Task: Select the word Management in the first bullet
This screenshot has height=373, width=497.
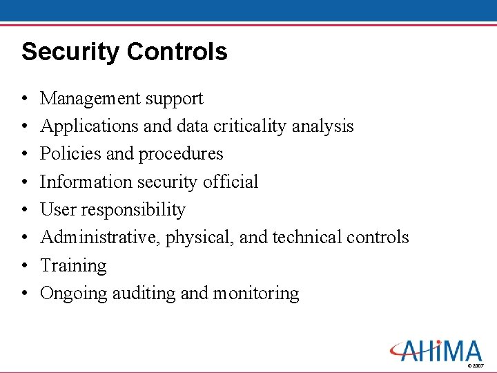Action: point(85,99)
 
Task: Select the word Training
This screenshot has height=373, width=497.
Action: point(73,266)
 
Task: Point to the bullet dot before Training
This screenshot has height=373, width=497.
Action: point(24,266)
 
